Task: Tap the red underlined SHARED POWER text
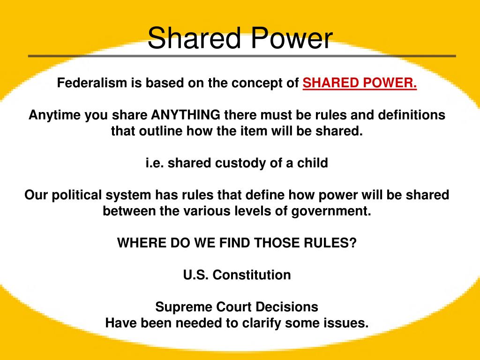point(360,83)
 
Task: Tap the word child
point(313,163)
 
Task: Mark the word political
point(77,195)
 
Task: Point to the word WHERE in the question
point(136,243)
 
